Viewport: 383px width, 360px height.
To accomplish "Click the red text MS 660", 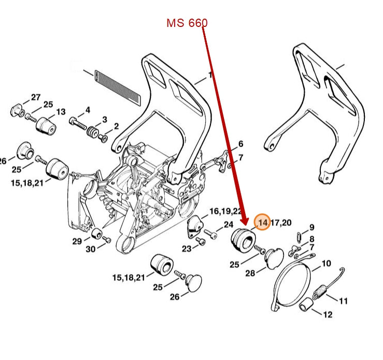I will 187,23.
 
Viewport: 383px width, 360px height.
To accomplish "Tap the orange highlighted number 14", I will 263,222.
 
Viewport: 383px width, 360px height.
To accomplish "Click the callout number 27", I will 35,97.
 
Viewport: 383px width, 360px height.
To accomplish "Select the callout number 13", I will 61,112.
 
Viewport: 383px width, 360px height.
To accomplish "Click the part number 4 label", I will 88,110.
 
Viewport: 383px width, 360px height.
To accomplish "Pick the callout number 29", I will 77,241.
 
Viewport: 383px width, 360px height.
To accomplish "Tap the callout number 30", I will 90,249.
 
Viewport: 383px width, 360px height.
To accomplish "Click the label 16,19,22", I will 225,211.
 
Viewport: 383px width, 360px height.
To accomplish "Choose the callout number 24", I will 229,224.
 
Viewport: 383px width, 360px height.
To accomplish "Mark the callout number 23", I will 186,249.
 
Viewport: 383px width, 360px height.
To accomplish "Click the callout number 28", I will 250,273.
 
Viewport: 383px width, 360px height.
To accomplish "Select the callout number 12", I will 328,314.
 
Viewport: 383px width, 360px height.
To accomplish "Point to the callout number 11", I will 344,300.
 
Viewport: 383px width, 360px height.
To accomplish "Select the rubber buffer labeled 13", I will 45,125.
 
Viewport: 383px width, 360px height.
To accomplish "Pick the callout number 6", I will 240,144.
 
